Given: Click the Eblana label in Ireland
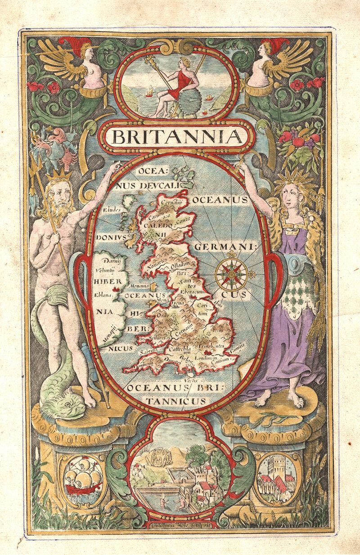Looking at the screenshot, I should tap(103, 295).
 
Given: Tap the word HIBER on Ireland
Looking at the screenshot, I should tap(108, 282).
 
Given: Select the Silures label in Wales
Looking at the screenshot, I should tap(161, 337).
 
